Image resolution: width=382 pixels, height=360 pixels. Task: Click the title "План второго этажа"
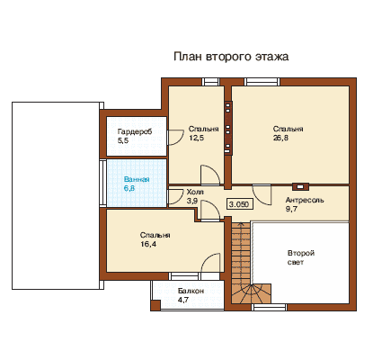[231, 57]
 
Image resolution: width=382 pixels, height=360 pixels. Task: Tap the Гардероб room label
[135, 131]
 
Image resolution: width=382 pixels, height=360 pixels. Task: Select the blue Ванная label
[137, 180]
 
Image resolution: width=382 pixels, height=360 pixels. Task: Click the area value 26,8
[280, 138]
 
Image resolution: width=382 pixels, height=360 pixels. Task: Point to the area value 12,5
[196, 138]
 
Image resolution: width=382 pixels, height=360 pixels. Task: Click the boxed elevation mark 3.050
[239, 204]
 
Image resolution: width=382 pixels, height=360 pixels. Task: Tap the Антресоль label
[305, 200]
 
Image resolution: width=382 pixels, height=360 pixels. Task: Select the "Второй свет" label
[301, 257]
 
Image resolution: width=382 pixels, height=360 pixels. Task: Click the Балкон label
[191, 291]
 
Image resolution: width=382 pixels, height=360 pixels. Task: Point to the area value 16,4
[148, 244]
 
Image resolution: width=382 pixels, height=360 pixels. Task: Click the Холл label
[195, 192]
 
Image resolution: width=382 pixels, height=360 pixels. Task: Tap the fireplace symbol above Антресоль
[300, 186]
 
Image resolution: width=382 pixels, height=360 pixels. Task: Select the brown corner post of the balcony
[155, 305]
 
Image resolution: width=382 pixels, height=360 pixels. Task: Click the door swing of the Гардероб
[175, 138]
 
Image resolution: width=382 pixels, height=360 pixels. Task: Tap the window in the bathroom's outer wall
[102, 183]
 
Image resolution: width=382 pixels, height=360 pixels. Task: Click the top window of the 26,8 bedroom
[262, 82]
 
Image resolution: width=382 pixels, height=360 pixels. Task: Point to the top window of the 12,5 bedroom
[210, 82]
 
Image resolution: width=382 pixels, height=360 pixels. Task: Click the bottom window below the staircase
[269, 307]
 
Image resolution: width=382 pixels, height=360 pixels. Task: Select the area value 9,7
[291, 209]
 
